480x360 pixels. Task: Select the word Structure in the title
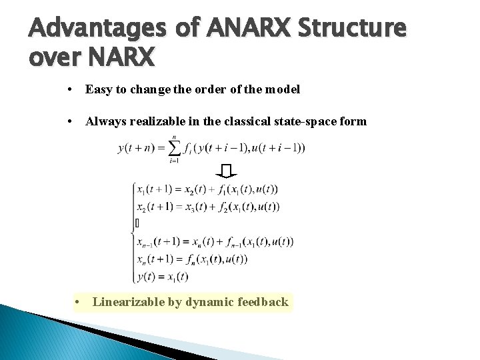[351, 29]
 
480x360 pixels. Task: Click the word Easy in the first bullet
[99, 89]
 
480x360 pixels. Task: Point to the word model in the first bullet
[283, 89]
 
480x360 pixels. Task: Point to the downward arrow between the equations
[227, 170]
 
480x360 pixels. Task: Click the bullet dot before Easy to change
[70, 89]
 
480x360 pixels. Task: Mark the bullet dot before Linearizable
[79, 302]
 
